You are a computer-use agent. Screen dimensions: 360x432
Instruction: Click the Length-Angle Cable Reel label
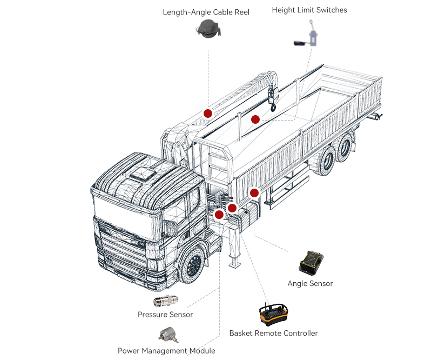[206, 12]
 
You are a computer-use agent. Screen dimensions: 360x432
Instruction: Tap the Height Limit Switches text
[309, 10]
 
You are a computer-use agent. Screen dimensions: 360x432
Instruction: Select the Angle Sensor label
[310, 283]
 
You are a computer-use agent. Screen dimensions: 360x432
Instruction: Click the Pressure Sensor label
[165, 315]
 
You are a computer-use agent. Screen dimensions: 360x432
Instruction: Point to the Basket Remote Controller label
[273, 333]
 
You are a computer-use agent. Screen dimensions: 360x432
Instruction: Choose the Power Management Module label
[166, 351]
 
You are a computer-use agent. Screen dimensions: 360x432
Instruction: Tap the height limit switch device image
[308, 35]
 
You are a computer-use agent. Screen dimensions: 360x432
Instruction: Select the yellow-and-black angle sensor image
[313, 262]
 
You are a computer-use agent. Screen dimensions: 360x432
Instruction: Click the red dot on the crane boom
[207, 113]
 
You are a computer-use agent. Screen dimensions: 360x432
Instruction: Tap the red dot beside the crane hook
[255, 119]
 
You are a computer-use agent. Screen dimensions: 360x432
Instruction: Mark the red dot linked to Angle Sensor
[254, 192]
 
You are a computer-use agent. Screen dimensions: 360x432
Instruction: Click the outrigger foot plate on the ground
[234, 263]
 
